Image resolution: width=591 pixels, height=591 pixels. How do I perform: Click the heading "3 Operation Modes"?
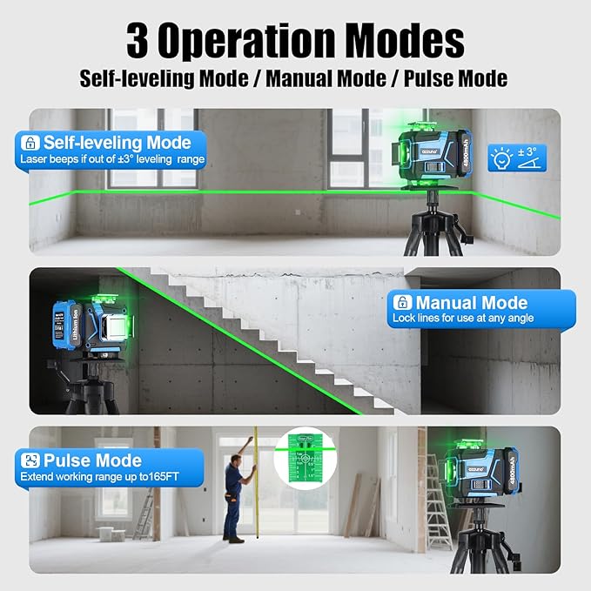click(295, 40)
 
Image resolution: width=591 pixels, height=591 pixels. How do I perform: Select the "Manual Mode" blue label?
click(481, 309)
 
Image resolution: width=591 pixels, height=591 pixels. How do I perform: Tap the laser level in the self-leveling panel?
click(430, 160)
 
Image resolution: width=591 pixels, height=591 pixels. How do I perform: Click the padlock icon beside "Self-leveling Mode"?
click(30, 142)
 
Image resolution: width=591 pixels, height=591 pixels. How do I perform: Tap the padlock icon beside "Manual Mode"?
click(402, 302)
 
